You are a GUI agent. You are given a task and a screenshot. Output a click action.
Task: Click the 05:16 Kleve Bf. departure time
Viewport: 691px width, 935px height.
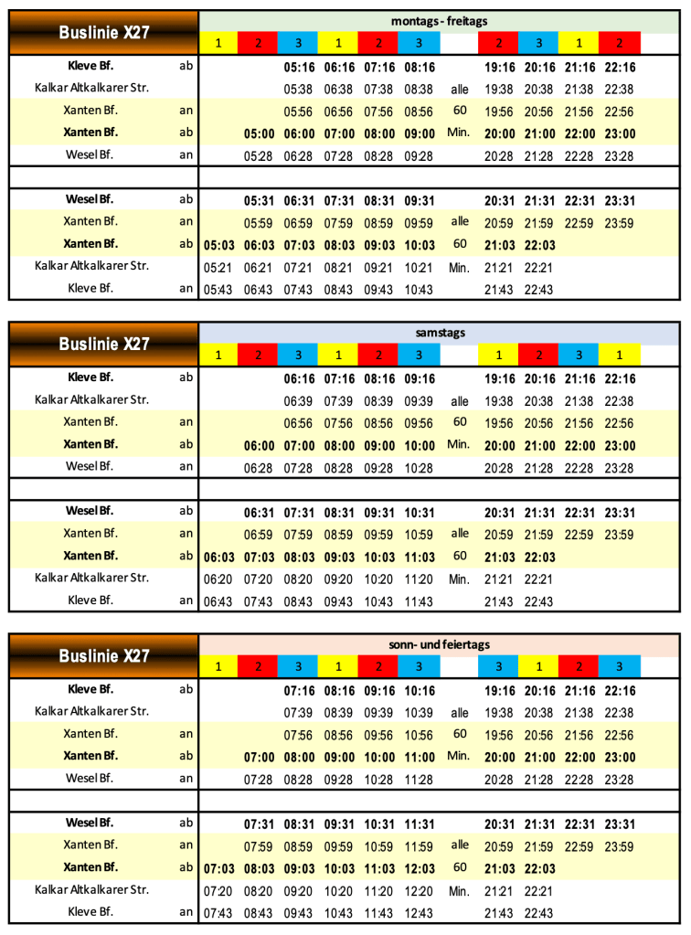tap(298, 67)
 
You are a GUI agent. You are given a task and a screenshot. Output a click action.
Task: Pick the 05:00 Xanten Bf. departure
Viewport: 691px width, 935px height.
tap(259, 133)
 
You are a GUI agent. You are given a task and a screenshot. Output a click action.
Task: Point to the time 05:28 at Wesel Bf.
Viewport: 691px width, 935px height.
tap(259, 154)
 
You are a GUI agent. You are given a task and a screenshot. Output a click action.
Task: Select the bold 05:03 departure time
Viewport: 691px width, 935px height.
tap(218, 244)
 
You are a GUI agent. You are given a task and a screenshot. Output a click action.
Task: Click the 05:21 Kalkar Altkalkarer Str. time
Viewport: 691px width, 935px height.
tap(218, 266)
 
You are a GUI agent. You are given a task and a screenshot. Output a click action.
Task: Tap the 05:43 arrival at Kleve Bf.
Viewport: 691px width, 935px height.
tap(218, 289)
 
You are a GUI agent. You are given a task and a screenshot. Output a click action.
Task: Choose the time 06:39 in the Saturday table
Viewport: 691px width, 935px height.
tap(298, 400)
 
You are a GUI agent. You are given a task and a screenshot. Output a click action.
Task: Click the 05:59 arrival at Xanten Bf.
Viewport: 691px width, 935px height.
tap(259, 222)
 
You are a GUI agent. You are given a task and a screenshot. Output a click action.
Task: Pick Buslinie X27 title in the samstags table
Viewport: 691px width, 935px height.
tap(103, 345)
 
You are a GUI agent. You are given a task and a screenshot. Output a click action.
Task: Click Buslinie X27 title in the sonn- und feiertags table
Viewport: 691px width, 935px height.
tap(103, 656)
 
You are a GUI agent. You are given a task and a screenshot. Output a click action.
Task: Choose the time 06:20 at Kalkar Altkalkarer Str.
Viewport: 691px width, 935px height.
tap(218, 578)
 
